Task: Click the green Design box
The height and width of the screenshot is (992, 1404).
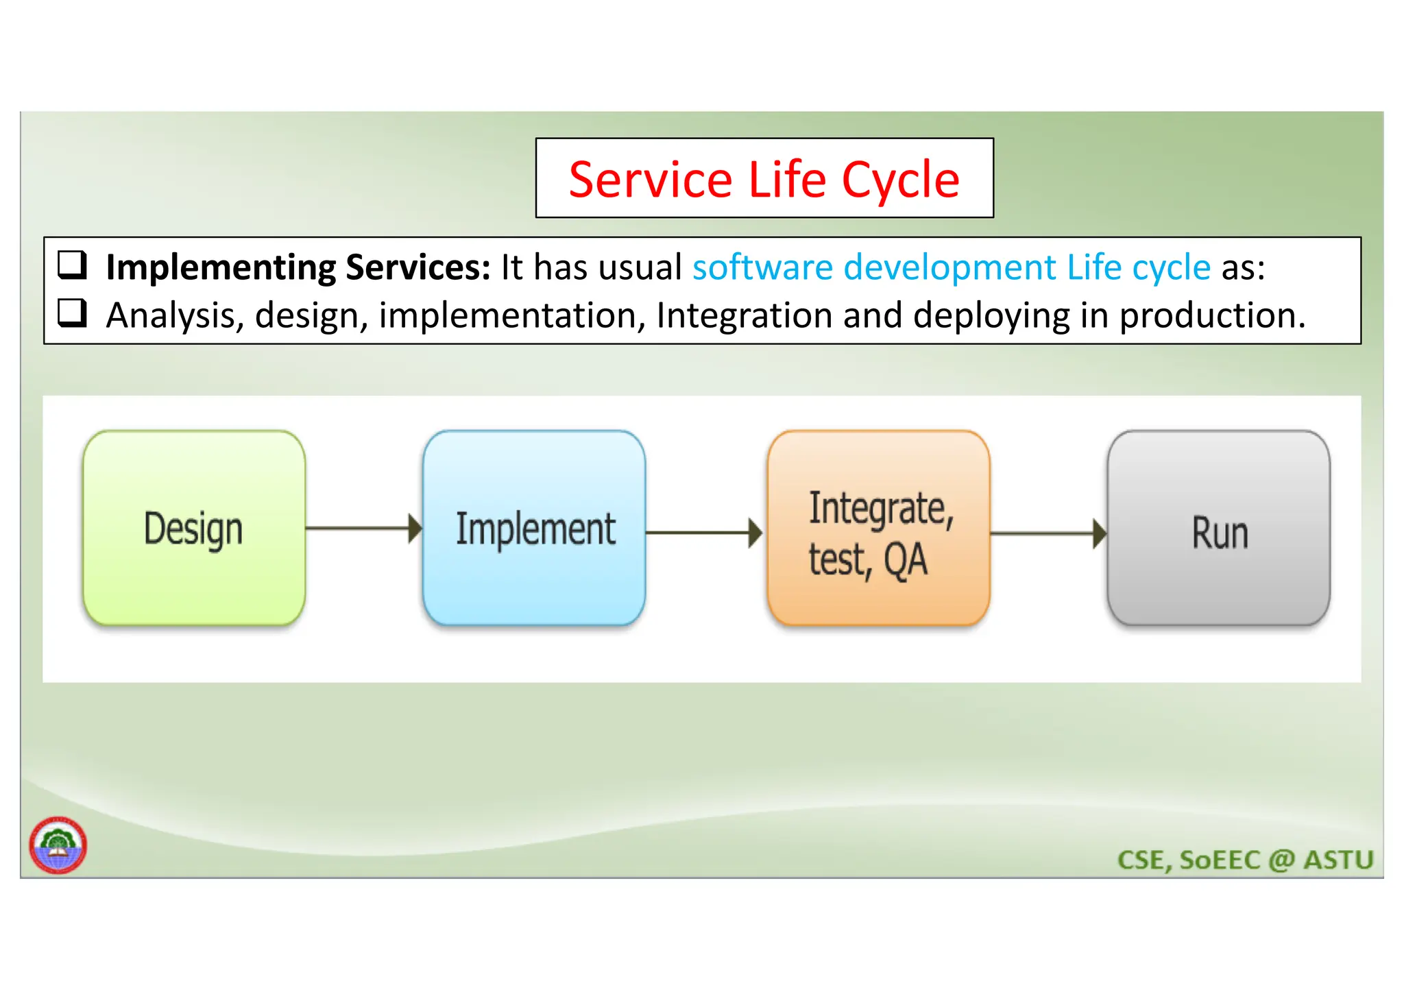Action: coord(194,528)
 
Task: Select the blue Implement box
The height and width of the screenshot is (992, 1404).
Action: coord(534,528)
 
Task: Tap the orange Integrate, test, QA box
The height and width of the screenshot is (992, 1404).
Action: coord(878,528)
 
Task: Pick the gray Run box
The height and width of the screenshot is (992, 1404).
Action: coord(1218,528)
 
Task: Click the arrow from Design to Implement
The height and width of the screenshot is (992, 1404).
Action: coord(363,528)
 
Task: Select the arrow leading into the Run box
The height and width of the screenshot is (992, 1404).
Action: coord(1048,533)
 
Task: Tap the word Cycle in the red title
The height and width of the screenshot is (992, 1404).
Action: coord(900,180)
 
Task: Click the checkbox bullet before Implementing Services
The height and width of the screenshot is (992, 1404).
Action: coord(72,265)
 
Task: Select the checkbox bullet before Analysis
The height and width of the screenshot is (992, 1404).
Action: coord(72,313)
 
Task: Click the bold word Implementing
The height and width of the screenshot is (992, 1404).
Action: coord(220,267)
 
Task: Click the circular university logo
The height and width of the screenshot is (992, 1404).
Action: coord(58,845)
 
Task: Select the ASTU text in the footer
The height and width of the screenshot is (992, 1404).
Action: coord(1338,860)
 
